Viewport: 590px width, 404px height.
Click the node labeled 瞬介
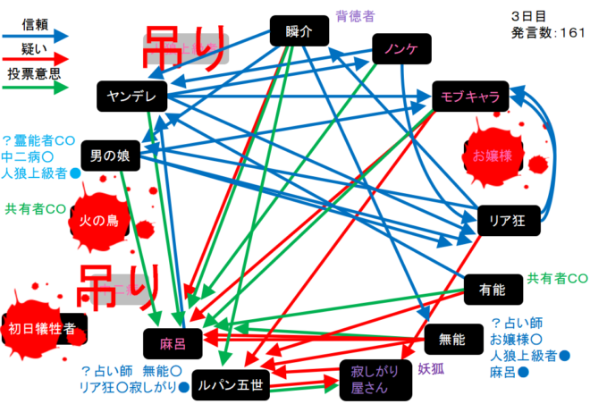pyautogui.click(x=301, y=32)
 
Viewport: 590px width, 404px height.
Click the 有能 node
pyautogui.click(x=493, y=289)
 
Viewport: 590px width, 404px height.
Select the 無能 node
pyautogui.click(x=452, y=339)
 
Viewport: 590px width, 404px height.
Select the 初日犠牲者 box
pyautogui.click(x=46, y=329)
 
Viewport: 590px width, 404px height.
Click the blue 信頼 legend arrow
pyautogui.click(x=37, y=35)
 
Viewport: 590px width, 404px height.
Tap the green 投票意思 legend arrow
pyautogui.click(x=37, y=88)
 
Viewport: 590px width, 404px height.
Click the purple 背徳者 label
pyautogui.click(x=355, y=15)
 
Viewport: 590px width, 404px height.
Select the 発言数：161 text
pyautogui.click(x=547, y=32)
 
